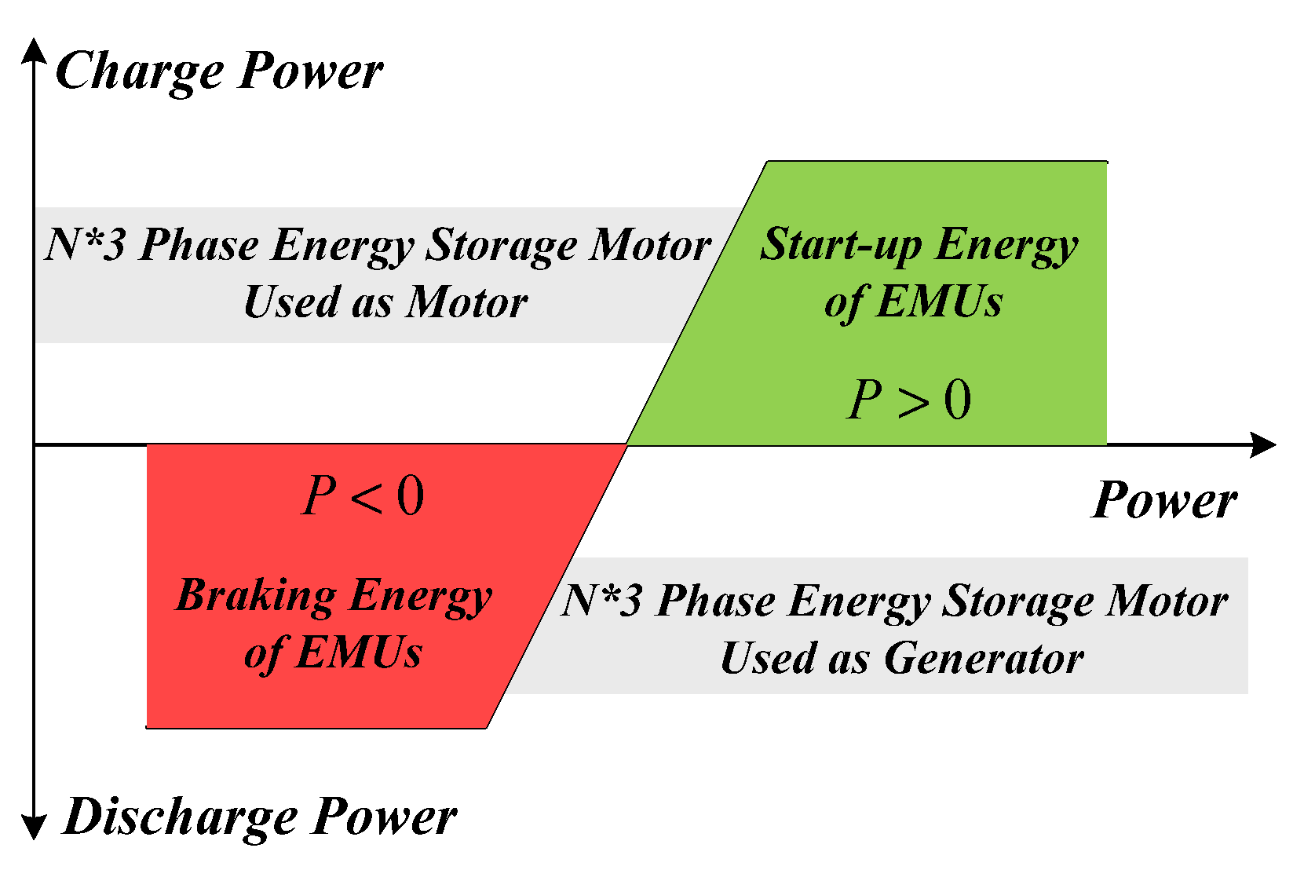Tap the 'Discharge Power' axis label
point(260,817)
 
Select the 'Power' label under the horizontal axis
point(1164,501)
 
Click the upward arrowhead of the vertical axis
point(34,50)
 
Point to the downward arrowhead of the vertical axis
point(34,827)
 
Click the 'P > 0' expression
point(909,400)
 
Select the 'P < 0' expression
point(363,497)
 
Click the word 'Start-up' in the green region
point(841,245)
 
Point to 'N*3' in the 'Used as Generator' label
point(601,601)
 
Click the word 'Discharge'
point(181,817)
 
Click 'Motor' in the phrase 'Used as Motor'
point(467,302)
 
